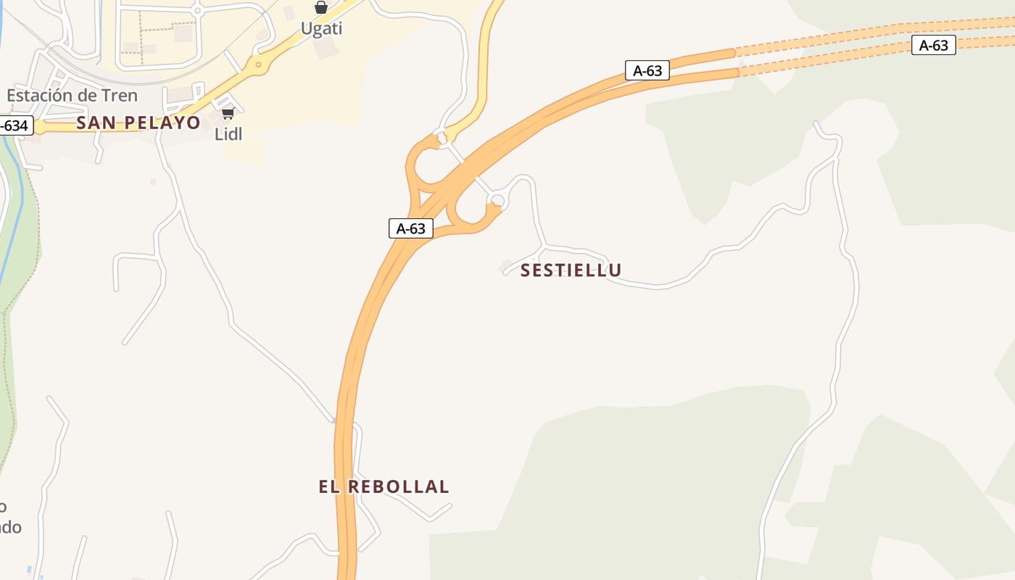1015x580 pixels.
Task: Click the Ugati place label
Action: click(x=321, y=29)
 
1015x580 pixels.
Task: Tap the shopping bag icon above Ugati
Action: click(x=321, y=7)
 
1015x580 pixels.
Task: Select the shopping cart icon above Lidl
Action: click(x=228, y=113)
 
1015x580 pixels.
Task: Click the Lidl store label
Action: click(x=228, y=134)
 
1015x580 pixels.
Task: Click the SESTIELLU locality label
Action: click(x=571, y=270)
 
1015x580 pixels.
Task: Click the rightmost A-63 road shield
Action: click(x=933, y=46)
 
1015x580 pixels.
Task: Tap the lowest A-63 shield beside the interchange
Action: click(x=411, y=228)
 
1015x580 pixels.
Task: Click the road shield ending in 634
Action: click(x=14, y=125)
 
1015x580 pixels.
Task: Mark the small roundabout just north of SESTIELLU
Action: click(x=497, y=200)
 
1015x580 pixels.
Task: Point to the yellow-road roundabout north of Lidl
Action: click(x=257, y=64)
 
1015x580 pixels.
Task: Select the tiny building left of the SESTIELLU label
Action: click(x=507, y=267)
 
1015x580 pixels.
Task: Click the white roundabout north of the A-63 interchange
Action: click(x=441, y=136)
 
